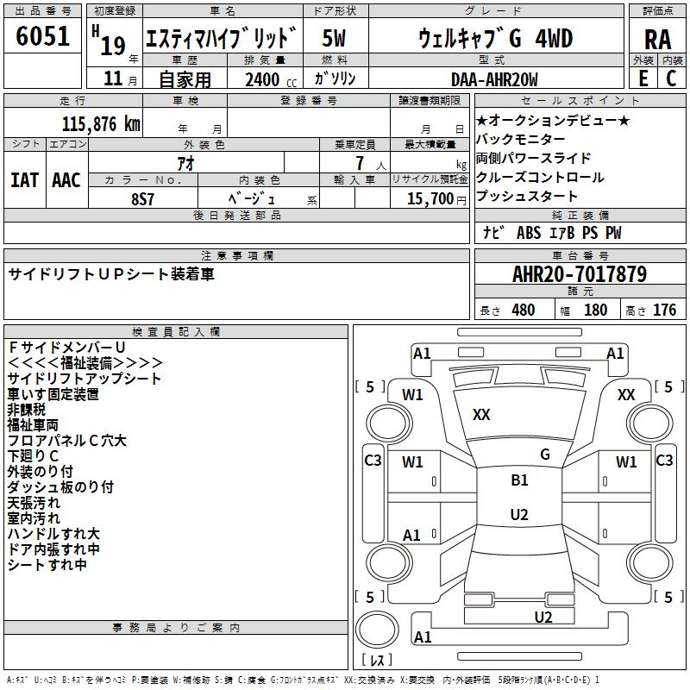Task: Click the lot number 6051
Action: (42, 37)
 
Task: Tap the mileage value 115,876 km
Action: (99, 123)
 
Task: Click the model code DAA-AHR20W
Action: (494, 79)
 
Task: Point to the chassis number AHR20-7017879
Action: (579, 274)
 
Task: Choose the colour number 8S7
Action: (143, 198)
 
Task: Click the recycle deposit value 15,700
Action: (428, 198)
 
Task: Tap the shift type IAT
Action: (24, 180)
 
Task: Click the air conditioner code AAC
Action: (66, 180)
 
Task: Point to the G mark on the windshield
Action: (544, 454)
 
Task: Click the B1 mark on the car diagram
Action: (519, 480)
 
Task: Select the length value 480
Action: (523, 310)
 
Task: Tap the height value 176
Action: (664, 310)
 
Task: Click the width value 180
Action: (595, 310)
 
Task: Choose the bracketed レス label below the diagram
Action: (377, 661)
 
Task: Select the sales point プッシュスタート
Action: (527, 197)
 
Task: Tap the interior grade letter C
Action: (671, 78)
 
